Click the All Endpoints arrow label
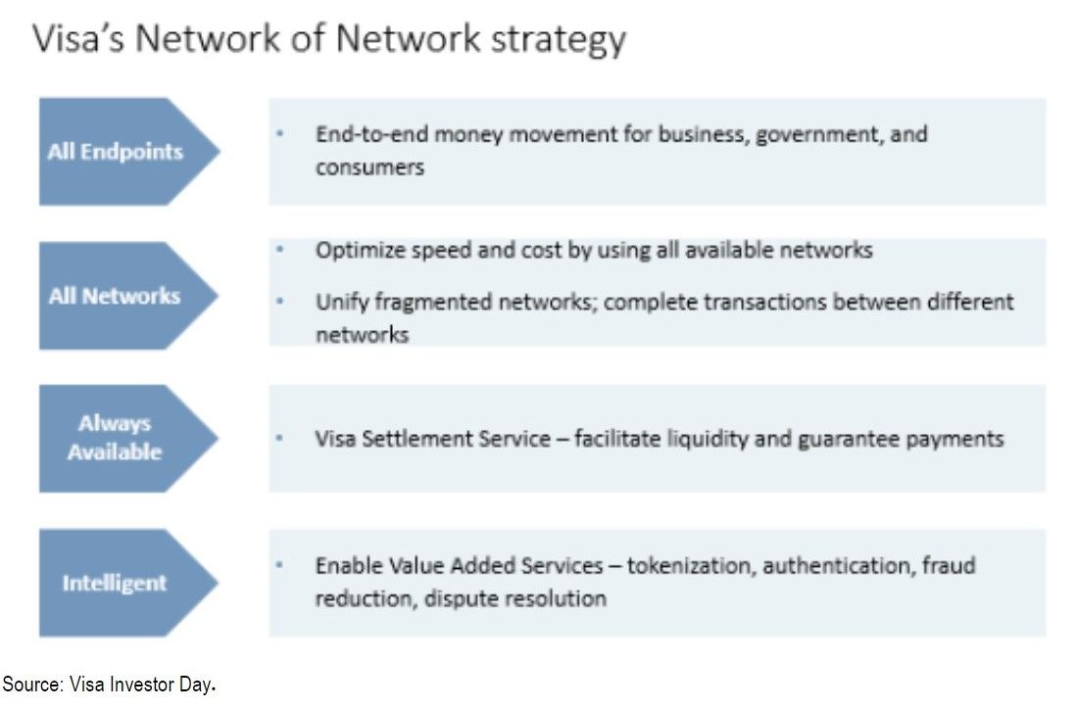pyautogui.click(x=116, y=152)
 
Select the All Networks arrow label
pyautogui.click(x=115, y=296)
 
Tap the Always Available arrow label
pyautogui.click(x=115, y=438)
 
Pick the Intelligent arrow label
pyautogui.click(x=115, y=583)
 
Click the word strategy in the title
pyautogui.click(x=558, y=39)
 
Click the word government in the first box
pyautogui.click(x=816, y=134)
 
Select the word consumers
pyautogui.click(x=369, y=166)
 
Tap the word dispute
pyautogui.click(x=459, y=598)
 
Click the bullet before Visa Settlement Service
pyautogui.click(x=279, y=438)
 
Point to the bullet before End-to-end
pyautogui.click(x=279, y=134)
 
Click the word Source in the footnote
pyautogui.click(x=32, y=685)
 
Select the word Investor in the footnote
pyautogui.click(x=142, y=685)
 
